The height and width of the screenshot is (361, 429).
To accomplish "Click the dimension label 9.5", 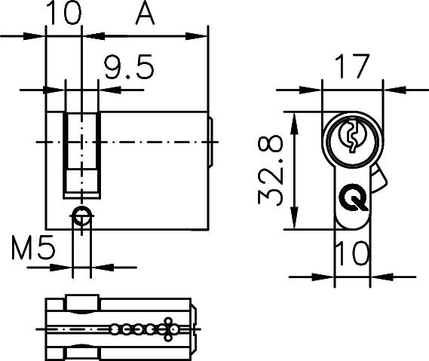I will tap(129, 69).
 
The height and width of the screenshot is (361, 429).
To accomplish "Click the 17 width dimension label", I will tap(353, 68).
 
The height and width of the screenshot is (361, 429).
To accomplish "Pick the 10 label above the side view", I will tap(65, 15).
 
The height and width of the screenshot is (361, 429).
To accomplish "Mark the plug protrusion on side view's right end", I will tap(213, 141).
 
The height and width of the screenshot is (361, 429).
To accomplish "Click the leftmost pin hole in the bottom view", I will tap(114, 329).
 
